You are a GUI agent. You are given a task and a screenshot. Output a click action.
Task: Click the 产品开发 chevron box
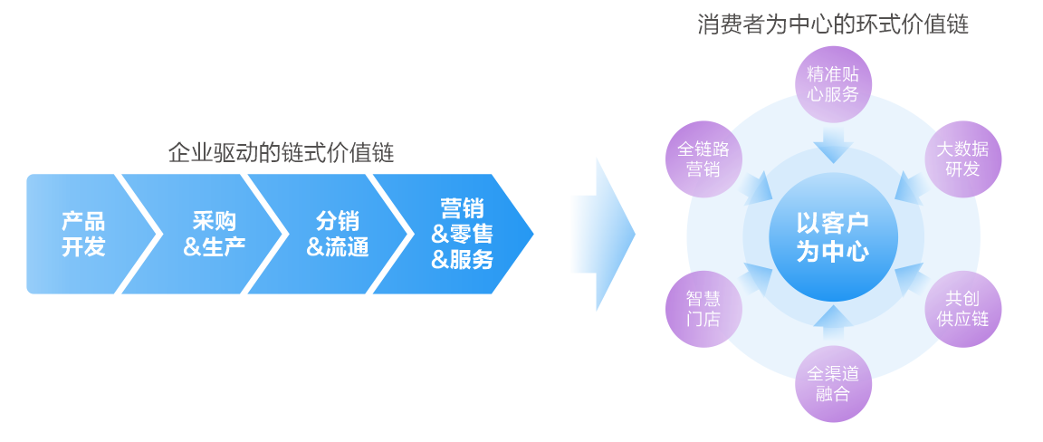pos(81,234)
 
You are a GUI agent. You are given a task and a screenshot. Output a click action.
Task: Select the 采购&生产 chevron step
pos(213,234)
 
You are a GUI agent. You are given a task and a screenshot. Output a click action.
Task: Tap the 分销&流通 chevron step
pos(337,234)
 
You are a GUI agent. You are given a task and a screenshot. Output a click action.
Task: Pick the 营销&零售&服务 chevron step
pos(462,234)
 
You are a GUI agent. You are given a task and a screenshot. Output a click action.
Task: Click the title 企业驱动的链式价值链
pos(281,152)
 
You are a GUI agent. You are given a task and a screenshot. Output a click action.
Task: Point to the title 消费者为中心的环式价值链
pos(832,24)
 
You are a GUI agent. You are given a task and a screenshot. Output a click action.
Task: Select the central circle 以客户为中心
pos(833,237)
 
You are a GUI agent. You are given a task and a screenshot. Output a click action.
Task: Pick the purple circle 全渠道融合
pos(833,382)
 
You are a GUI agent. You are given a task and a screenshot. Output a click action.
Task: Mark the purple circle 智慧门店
pos(703,308)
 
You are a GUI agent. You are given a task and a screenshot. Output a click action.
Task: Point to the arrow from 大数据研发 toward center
pos(913,188)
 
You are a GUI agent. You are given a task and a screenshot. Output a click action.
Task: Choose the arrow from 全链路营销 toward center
pos(753,188)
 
